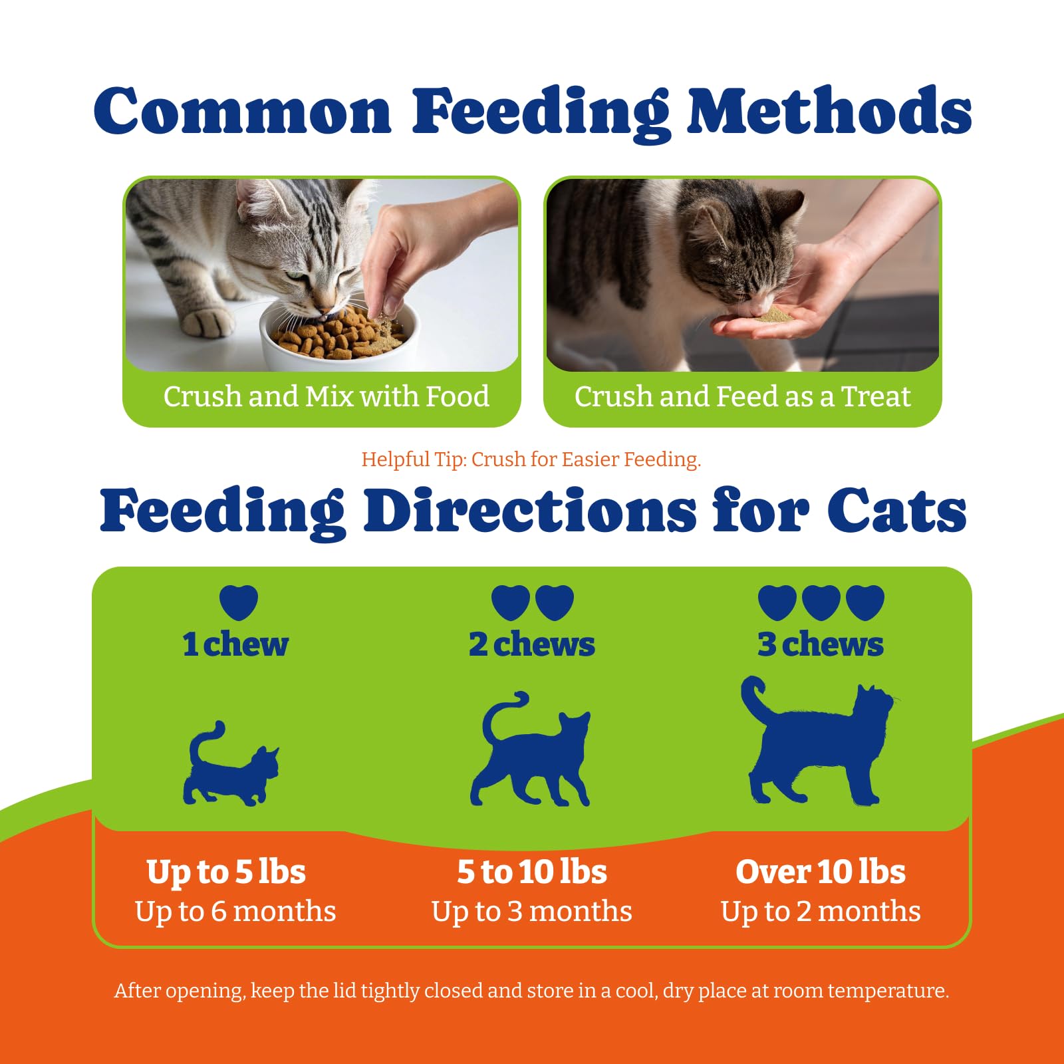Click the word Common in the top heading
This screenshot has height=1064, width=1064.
pyautogui.click(x=243, y=110)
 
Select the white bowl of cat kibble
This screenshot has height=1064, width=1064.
pyautogui.click(x=339, y=336)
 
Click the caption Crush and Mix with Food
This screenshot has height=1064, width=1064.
pyautogui.click(x=327, y=396)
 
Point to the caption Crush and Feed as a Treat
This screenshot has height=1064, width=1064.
pyautogui.click(x=742, y=396)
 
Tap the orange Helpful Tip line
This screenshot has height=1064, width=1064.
pyautogui.click(x=531, y=460)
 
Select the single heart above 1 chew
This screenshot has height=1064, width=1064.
pyautogui.click(x=239, y=602)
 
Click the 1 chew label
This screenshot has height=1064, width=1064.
pyautogui.click(x=235, y=644)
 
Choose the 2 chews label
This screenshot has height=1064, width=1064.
pyautogui.click(x=532, y=644)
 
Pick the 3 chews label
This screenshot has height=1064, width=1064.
pyautogui.click(x=821, y=644)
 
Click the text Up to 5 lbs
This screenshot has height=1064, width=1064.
pyautogui.click(x=226, y=872)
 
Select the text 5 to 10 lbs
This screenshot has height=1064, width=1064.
pyautogui.click(x=532, y=872)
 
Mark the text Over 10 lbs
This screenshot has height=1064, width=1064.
pyautogui.click(x=821, y=872)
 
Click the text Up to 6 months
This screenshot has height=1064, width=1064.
pyautogui.click(x=235, y=912)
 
